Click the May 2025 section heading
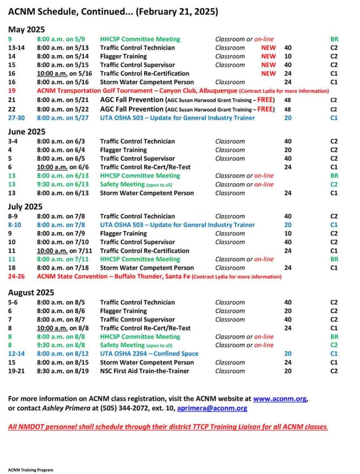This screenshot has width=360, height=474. click(26, 30)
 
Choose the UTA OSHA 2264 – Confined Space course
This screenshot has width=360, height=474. click(149, 354)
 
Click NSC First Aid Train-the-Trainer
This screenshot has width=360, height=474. click(144, 371)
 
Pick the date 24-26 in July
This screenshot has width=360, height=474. click(17, 276)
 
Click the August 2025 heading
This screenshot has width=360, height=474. click(31, 293)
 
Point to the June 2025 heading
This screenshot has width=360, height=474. click(27, 131)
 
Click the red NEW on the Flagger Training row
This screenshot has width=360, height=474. click(268, 56)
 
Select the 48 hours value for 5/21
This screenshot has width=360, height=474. click(288, 100)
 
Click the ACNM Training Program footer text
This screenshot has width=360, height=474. click(31, 470)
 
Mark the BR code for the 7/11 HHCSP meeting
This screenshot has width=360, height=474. click(334, 259)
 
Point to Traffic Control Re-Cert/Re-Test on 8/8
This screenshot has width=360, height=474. click(145, 328)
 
